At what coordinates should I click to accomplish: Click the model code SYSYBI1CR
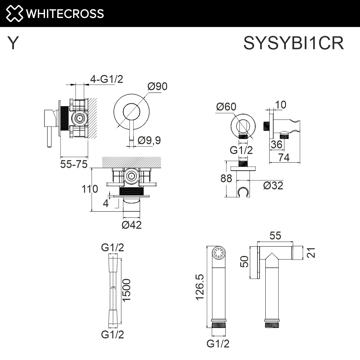pyautogui.click(x=293, y=44)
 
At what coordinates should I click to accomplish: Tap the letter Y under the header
pyautogui.click(x=13, y=44)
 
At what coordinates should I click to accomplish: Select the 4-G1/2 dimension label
pyautogui.click(x=106, y=79)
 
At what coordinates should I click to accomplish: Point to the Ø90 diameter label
pyautogui.click(x=157, y=86)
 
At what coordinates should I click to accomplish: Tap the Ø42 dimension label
pyautogui.click(x=131, y=225)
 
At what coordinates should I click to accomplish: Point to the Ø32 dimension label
pyautogui.click(x=273, y=186)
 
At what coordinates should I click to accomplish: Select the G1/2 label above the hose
pyautogui.click(x=113, y=247)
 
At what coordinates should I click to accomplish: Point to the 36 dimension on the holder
pyautogui.click(x=276, y=144)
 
